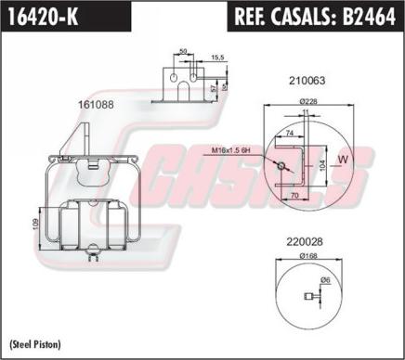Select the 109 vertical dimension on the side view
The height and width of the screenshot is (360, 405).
[x=36, y=224]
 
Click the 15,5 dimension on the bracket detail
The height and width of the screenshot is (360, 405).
[x=216, y=58]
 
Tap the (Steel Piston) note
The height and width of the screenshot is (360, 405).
[x=35, y=344]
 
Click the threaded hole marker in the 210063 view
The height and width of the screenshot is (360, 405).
[x=280, y=166]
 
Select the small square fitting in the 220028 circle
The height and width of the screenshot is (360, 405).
[x=309, y=297]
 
